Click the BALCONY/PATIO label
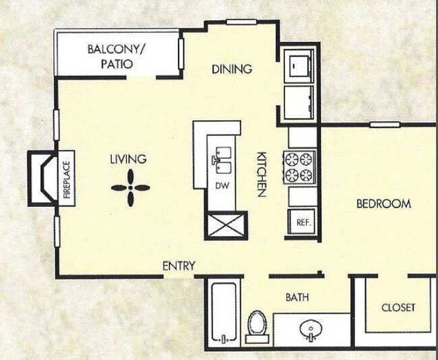tap(117, 57)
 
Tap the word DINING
tap(231, 69)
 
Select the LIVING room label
tap(128, 159)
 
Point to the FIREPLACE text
tap(67, 179)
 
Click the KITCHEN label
tap(260, 174)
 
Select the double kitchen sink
tap(222, 160)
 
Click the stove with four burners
tap(299, 168)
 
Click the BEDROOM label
tap(383, 204)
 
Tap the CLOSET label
tap(398, 307)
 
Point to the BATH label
tap(297, 297)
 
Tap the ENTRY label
tap(179, 266)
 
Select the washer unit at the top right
tap(299, 65)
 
